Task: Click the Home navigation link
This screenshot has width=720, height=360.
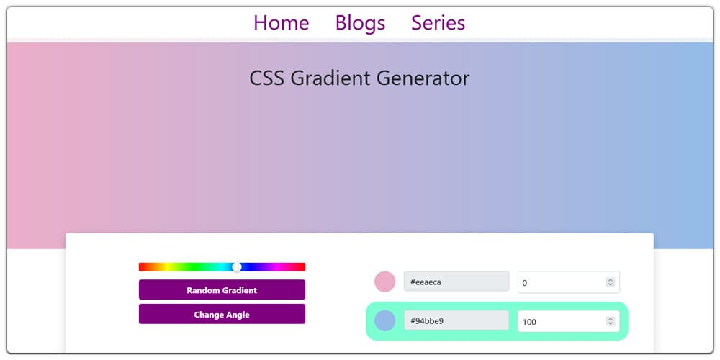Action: coord(281,23)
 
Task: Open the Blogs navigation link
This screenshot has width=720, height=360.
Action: coord(360,23)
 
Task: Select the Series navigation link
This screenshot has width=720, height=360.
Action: coord(438,23)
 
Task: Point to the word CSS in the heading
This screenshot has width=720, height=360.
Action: coord(267,78)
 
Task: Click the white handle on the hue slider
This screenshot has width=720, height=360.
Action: coord(237,267)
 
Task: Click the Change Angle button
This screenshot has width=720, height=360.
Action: coord(222,315)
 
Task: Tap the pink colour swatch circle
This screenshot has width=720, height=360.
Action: coord(385,282)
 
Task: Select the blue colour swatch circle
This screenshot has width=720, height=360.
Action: coord(385,321)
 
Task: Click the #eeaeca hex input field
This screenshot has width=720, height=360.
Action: coord(456,282)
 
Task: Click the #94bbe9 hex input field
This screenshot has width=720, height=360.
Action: coord(456,321)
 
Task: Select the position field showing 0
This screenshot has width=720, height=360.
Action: coord(561,282)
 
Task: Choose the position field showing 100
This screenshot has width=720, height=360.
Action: coord(561,321)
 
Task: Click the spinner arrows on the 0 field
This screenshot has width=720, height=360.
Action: coord(611,282)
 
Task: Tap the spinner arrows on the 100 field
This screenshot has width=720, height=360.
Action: coord(611,321)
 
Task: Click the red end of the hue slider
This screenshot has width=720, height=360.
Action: coord(143,267)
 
